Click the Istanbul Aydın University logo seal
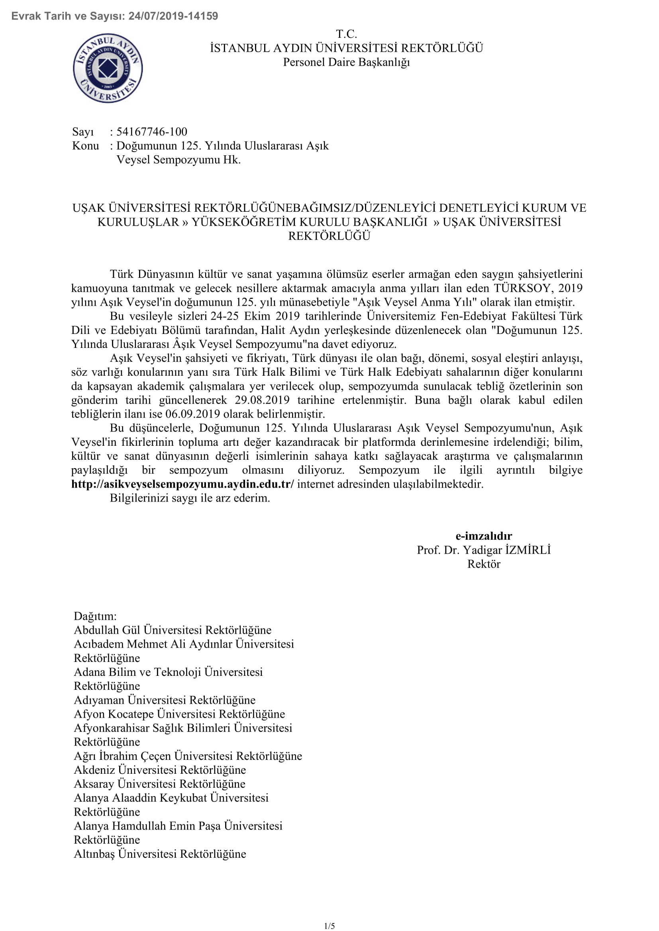coord(108,68)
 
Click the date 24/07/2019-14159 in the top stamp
coord(173,16)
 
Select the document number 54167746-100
coord(152,132)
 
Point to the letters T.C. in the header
coord(346,34)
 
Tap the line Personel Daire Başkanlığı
coord(346,62)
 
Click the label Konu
coord(85,146)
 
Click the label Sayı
coord(83,132)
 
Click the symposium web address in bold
coord(182,484)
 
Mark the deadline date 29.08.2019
coord(262,400)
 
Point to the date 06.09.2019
coord(192,414)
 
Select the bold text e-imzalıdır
coord(484,536)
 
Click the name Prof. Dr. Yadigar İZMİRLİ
coord(484,550)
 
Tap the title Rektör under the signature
coord(484,564)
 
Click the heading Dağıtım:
coord(95,616)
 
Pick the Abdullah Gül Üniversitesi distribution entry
coord(173,630)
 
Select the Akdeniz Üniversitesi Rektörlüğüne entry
coord(160,770)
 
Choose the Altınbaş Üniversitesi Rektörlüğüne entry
coord(160,854)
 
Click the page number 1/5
coord(329,926)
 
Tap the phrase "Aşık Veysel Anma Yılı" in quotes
coord(414,303)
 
